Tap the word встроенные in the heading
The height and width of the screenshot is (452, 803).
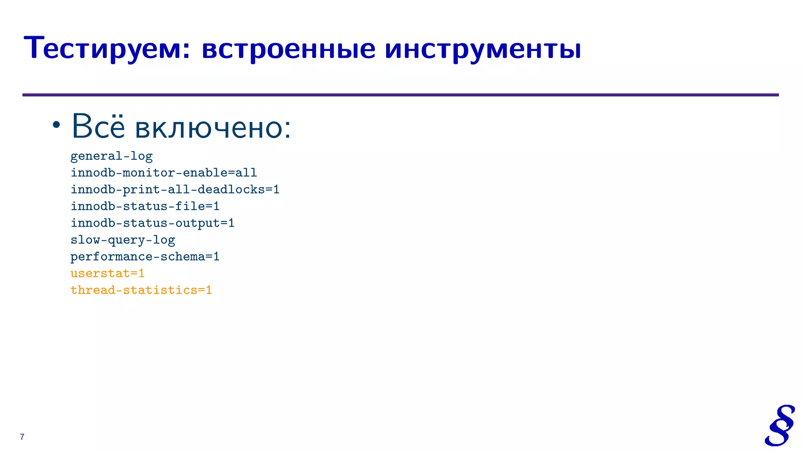point(289,49)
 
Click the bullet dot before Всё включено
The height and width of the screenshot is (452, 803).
point(56,125)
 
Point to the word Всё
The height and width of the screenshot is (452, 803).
point(98,126)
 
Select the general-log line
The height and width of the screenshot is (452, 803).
point(111,156)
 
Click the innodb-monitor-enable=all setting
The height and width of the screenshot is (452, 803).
point(164,173)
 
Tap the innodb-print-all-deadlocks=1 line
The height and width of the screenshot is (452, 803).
point(175,190)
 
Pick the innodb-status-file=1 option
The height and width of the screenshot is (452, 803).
point(145,206)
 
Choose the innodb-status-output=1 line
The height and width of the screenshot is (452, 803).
point(152,223)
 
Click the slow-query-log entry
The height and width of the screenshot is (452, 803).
point(123,240)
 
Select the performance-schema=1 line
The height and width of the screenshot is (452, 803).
point(145,257)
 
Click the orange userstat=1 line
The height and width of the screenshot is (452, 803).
point(107,273)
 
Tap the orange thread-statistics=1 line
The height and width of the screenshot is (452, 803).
point(141,290)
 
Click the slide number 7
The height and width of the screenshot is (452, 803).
point(22,437)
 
